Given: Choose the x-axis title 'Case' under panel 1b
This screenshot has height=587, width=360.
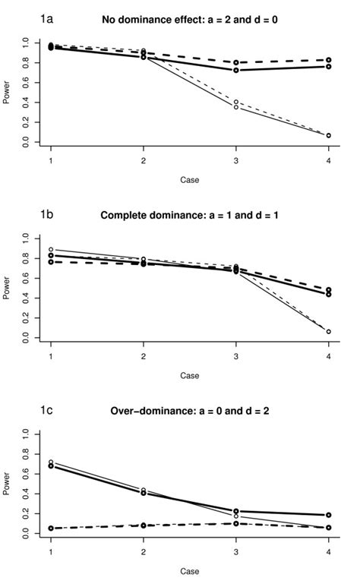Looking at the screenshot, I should [189, 375].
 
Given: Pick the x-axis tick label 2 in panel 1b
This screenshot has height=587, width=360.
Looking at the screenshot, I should [144, 357].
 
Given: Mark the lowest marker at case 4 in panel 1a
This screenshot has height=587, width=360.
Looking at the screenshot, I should [328, 135].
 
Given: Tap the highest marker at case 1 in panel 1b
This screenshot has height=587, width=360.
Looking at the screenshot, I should [51, 249].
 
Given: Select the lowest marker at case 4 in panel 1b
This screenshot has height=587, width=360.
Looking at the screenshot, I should [328, 331].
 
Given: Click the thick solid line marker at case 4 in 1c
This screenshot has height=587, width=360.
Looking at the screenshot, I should [328, 515].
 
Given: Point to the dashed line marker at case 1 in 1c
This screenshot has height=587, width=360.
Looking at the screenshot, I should [51, 528].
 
